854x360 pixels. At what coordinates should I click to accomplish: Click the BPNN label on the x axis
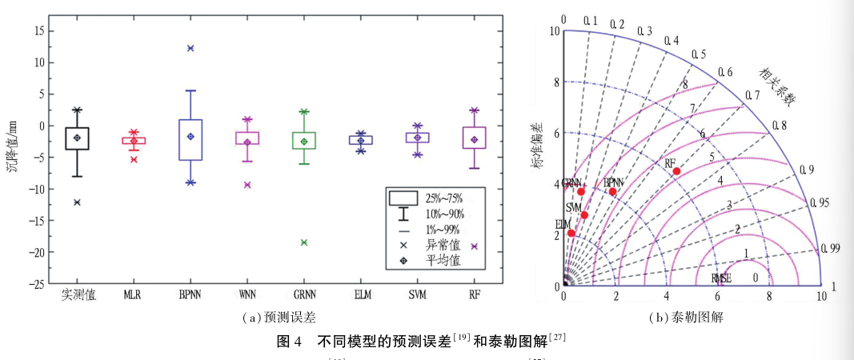click(x=190, y=295)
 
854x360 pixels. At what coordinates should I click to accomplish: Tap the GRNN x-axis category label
click(x=304, y=295)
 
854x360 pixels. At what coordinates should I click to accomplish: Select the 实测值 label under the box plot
click(x=78, y=295)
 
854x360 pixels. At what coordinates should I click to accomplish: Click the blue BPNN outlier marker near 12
click(x=190, y=48)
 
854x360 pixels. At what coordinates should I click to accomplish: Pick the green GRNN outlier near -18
click(x=304, y=242)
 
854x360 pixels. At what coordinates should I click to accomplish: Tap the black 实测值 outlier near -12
click(x=77, y=202)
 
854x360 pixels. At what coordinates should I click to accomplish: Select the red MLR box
click(x=134, y=141)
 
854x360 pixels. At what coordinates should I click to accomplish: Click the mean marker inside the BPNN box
click(x=190, y=137)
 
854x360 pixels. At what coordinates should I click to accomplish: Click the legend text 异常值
click(x=443, y=245)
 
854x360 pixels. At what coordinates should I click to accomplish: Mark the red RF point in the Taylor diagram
click(x=676, y=171)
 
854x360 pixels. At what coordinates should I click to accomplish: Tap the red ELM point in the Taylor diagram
click(x=571, y=233)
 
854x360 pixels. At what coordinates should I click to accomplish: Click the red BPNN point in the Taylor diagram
click(x=612, y=191)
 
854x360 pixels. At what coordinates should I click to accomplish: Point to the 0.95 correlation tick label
click(x=819, y=203)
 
